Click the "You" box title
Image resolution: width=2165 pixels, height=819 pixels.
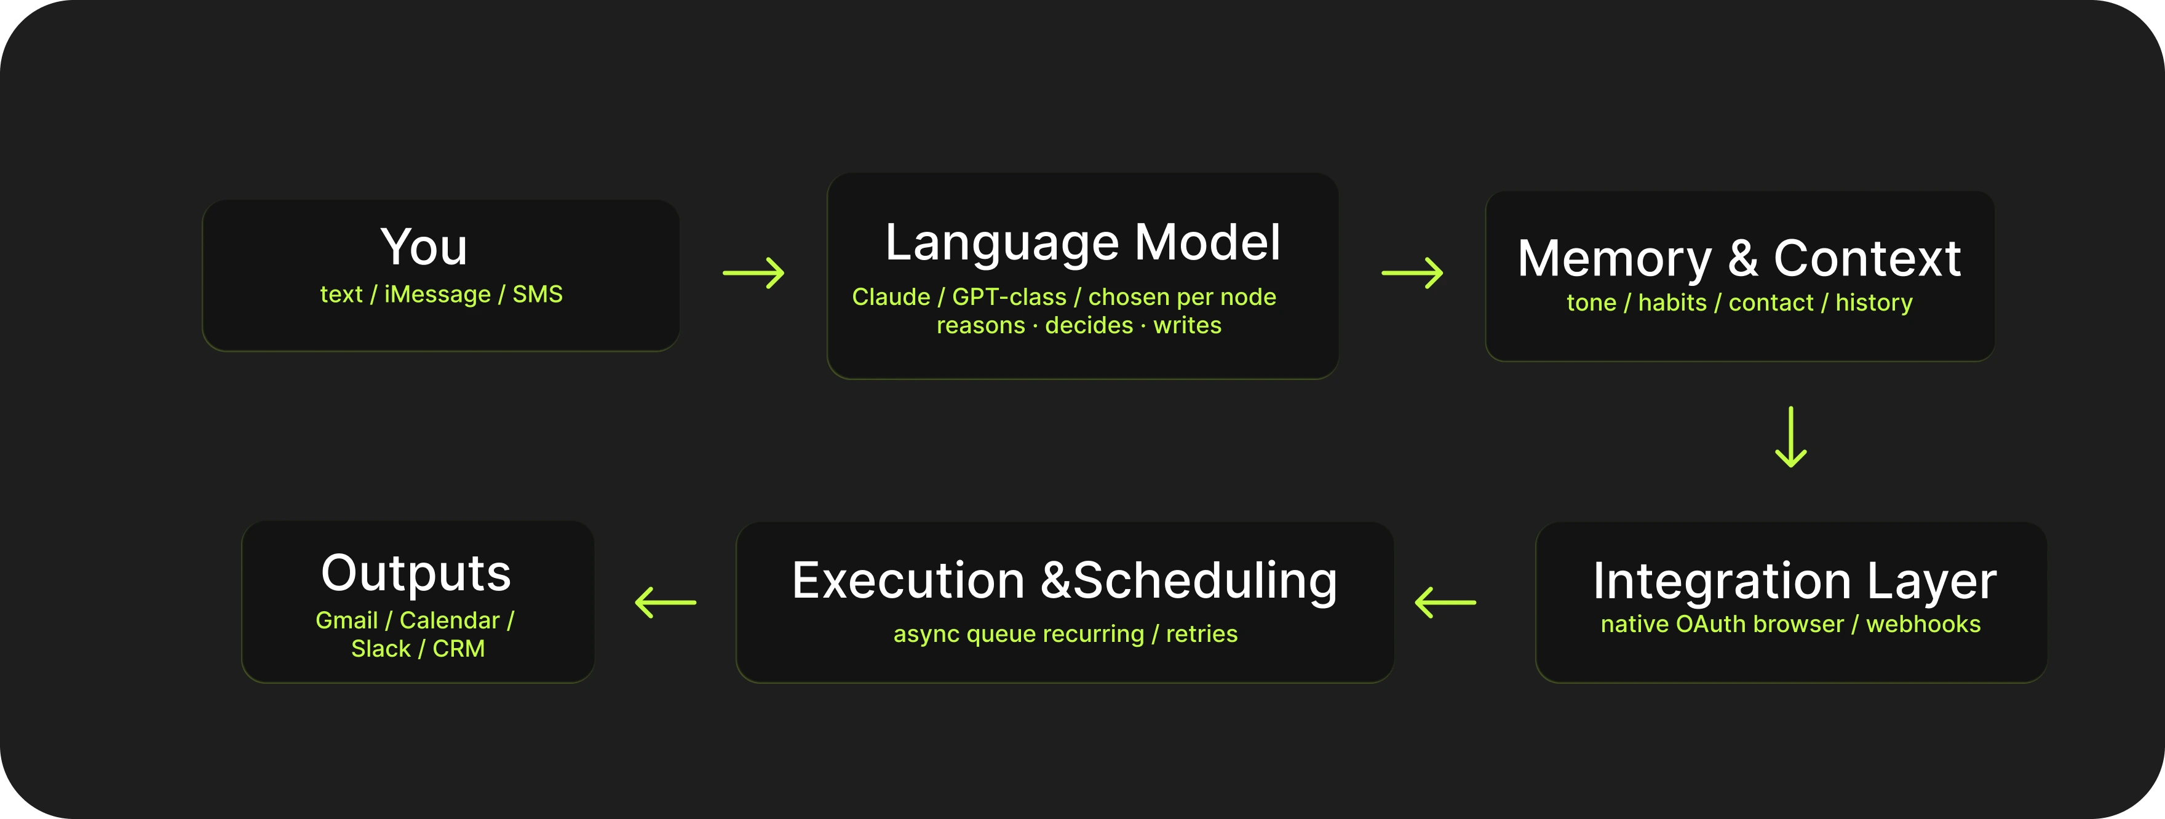pos(424,247)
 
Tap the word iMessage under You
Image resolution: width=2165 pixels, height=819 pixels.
pos(437,294)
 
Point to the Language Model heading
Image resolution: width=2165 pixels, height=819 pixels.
pos(1082,243)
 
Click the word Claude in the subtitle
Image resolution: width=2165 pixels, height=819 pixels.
pos(891,296)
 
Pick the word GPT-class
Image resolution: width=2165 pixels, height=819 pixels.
pos(1009,296)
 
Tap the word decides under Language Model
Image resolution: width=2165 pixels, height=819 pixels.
pos(1089,325)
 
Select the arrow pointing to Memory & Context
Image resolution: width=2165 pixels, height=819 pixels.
pos(1412,273)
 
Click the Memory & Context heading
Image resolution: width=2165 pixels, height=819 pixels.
pos(1739,258)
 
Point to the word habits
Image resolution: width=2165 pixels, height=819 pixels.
pos(1672,303)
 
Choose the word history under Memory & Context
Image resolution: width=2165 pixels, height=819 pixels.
pos(1873,303)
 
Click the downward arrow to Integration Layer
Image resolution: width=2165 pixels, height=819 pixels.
pos(1791,437)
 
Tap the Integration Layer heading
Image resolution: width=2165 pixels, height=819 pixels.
pos(1794,581)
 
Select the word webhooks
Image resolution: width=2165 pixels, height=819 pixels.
pos(1923,624)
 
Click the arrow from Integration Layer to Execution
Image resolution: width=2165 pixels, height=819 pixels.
pos(1445,603)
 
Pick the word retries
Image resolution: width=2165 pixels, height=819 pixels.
pos(1201,634)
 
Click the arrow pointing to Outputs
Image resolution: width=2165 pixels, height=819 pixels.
pos(665,603)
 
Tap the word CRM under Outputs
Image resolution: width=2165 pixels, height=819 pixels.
pos(458,649)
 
